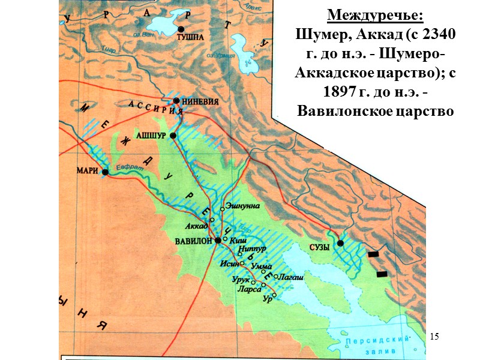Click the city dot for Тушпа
(181, 29)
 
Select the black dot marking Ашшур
(173, 136)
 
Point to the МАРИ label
(87, 170)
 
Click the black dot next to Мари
(105, 172)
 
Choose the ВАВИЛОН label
(194, 241)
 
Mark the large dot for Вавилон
(218, 239)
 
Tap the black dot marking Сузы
(340, 243)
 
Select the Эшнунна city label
(243, 206)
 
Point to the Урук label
(240, 280)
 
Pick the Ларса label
(249, 289)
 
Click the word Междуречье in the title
(374, 14)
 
